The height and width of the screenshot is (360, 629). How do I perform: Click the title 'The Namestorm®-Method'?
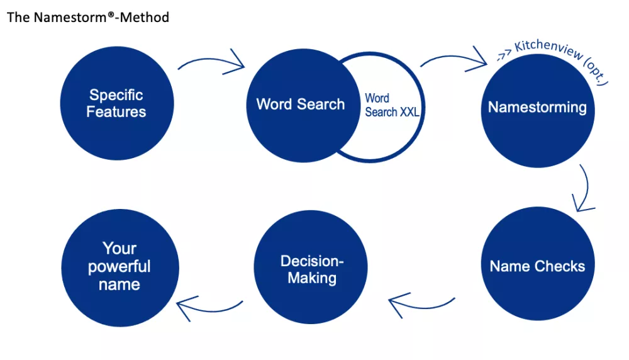point(88,18)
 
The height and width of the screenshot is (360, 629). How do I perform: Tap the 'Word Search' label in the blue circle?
point(300,104)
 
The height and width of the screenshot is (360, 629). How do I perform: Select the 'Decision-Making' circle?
point(311,269)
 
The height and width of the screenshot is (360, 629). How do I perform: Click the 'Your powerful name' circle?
point(120,267)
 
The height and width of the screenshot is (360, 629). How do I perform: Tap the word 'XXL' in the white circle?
point(409,113)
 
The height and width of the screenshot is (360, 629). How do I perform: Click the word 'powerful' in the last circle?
point(120,266)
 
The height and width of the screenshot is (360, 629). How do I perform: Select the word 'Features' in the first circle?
point(116,112)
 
